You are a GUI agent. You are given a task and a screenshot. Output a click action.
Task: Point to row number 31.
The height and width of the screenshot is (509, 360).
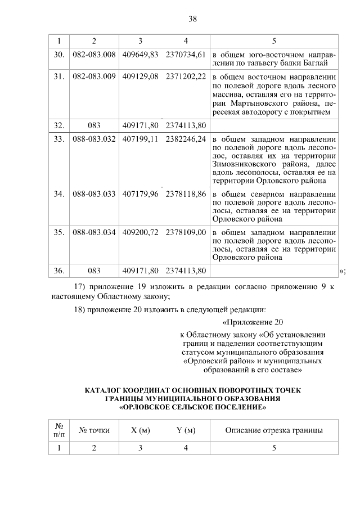[x=58, y=75]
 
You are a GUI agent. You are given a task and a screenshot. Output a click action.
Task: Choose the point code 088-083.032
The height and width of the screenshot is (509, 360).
[x=94, y=139]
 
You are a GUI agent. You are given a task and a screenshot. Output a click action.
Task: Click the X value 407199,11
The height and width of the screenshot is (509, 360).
[x=139, y=139]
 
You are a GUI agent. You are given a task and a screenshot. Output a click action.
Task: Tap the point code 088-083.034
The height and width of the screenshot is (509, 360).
[x=94, y=232]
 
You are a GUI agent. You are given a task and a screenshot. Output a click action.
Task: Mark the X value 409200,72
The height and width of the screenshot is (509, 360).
[x=139, y=232]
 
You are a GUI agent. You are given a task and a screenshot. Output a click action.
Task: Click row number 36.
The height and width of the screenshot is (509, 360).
[x=58, y=271]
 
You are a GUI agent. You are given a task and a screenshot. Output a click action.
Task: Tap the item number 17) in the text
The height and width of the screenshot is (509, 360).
[x=80, y=287]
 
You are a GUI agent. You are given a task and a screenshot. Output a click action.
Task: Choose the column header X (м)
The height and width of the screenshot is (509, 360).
[x=140, y=431]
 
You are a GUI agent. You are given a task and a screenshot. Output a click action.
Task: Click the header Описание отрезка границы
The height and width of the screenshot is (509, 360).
[x=274, y=431]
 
